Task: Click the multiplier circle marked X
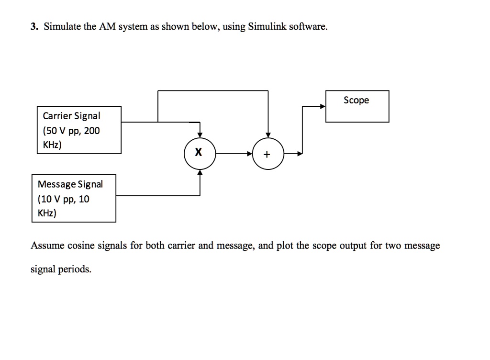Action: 200,154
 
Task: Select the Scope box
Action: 357,106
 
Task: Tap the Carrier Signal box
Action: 79,130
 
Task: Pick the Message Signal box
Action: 74,198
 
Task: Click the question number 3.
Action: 33,27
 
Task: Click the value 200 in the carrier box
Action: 92,131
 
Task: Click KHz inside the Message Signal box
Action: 47,213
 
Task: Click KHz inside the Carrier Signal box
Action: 52,145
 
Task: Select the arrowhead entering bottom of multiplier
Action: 200,173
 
